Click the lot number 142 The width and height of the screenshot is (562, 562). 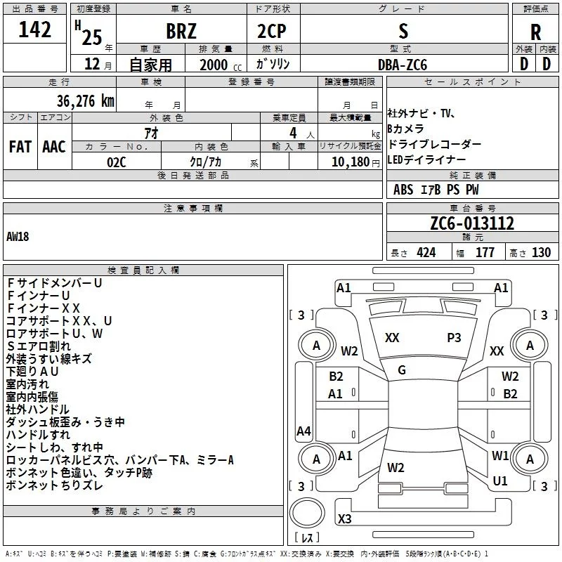coord(34,30)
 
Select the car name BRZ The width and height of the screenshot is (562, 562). coord(181,31)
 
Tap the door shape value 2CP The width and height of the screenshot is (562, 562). coord(272,31)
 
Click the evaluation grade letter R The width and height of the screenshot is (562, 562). coord(535,32)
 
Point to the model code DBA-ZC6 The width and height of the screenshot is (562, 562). coord(403,65)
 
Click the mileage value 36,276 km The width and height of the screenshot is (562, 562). coord(86,101)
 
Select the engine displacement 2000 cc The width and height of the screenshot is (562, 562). coord(221,65)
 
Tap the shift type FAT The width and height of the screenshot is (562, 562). coord(20,147)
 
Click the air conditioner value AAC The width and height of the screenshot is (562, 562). coord(54,147)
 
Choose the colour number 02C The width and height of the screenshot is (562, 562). coord(117,162)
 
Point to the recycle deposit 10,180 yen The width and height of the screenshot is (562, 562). coord(355,162)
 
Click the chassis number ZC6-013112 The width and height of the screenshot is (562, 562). coord(472,223)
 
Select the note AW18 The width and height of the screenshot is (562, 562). coord(18,237)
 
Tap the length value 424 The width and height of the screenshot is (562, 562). coord(426,253)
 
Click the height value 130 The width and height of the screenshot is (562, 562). coord(541,253)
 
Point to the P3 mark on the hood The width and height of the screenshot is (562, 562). coord(454,338)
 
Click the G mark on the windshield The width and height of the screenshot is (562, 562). coord(402,370)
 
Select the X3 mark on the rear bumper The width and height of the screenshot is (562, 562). coord(344,518)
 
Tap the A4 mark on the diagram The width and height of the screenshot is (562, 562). coord(303,431)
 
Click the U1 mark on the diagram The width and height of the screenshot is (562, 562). coord(500,481)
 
